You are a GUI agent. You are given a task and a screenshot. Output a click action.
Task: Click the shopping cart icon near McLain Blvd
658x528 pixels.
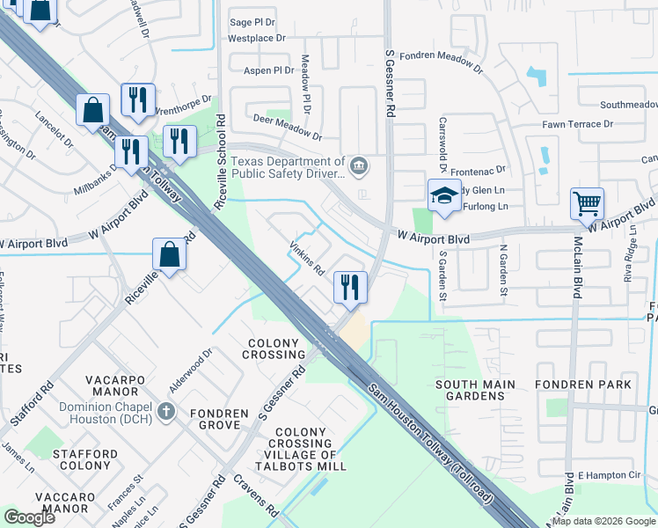pos(587,204)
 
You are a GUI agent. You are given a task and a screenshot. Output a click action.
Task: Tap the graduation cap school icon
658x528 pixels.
pos(444,195)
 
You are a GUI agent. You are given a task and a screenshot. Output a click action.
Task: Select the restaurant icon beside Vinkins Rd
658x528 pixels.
pos(349,287)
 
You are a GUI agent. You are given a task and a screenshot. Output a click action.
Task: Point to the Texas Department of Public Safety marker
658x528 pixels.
pos(358,165)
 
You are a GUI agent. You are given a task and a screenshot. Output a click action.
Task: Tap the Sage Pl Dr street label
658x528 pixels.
pos(252,23)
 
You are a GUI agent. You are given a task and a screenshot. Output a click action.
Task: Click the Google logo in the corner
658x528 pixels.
pos(30,517)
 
